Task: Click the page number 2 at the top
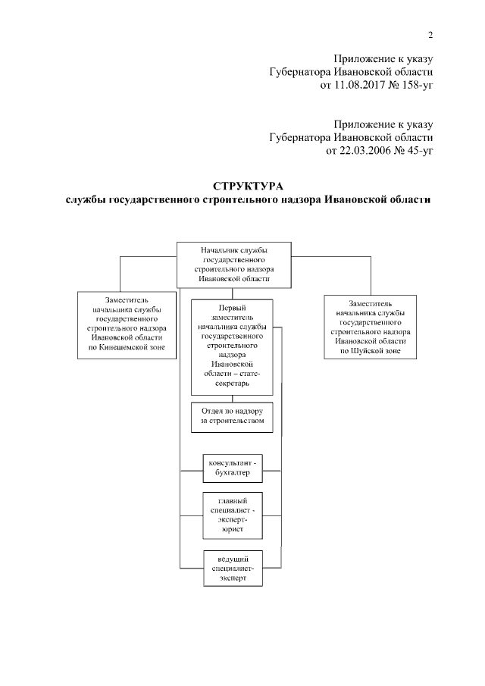pos(430,33)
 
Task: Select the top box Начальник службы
pos(234,264)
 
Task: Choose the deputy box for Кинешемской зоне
pos(123,324)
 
